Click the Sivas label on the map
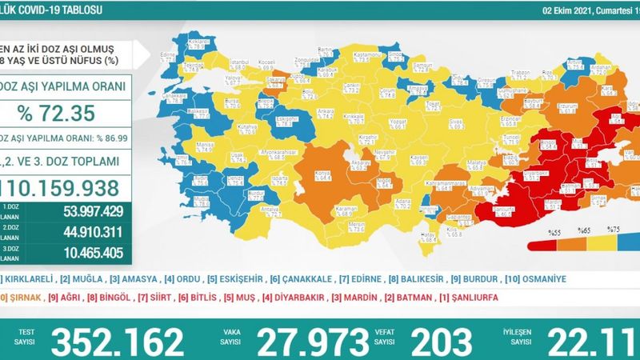pyautogui.click(x=433, y=118)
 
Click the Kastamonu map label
pyautogui.click(x=342, y=56)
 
